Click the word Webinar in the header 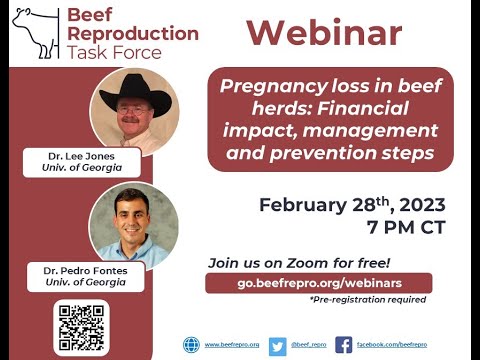pyautogui.click(x=324, y=33)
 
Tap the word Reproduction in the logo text pyautogui.click(x=132, y=33)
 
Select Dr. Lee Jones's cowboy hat pyautogui.click(x=133, y=92)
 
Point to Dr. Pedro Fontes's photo pyautogui.click(x=133, y=223)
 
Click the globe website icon pyautogui.click(x=191, y=345)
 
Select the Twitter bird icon pyautogui.click(x=277, y=345)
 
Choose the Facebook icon pyautogui.click(x=343, y=345)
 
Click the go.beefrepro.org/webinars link pyautogui.click(x=319, y=283)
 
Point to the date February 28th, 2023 pyautogui.click(x=352, y=205)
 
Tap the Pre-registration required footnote pyautogui.click(x=367, y=300)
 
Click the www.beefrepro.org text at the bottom pyautogui.click(x=232, y=345)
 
